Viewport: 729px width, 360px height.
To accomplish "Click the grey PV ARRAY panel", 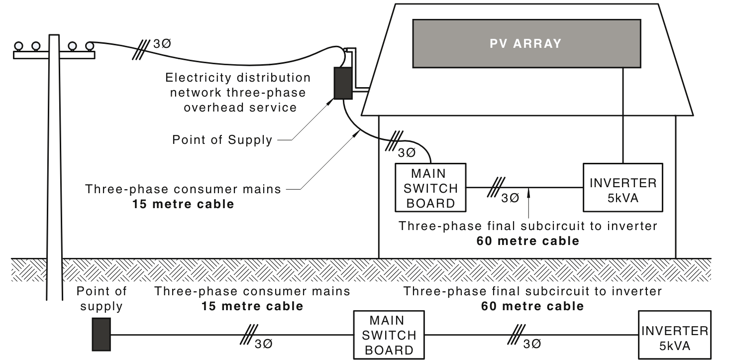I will (526, 43).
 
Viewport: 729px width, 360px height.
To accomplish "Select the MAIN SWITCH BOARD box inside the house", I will (430, 188).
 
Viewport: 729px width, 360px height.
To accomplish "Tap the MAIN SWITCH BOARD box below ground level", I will (389, 335).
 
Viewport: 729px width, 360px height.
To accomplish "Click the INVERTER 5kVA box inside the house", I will (623, 188).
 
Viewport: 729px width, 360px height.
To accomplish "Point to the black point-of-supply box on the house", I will (342, 83).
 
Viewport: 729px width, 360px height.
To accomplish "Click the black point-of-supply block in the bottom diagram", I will (101, 335).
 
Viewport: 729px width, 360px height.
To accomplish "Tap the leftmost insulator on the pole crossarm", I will (19, 46).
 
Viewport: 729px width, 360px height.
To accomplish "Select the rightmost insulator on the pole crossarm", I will (89, 46).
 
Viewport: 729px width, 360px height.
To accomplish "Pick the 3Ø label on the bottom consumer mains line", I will (263, 344).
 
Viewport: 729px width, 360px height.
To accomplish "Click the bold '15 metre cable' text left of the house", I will (183, 204).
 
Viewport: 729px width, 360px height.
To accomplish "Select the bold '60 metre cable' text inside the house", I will (527, 241).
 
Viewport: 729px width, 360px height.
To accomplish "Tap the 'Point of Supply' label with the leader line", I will (222, 140).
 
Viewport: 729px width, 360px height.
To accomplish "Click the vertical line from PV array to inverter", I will (623, 115).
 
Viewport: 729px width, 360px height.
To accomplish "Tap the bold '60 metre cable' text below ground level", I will (532, 306).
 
